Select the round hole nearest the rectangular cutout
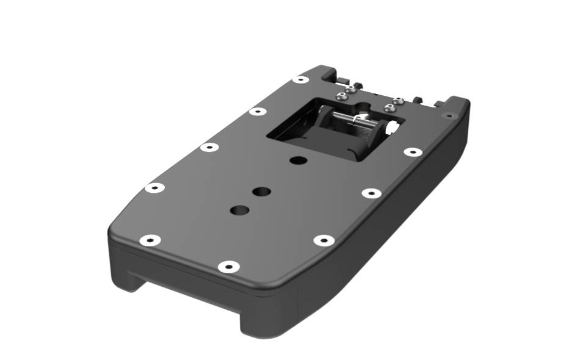pyautogui.click(x=298, y=160)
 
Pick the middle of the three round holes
pyautogui.click(x=261, y=191)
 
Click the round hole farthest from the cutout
pyautogui.click(x=239, y=210)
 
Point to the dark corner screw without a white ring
pyautogui.click(x=449, y=115)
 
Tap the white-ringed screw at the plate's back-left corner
pyautogui.click(x=300, y=79)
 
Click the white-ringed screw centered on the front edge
pyautogui.click(x=228, y=267)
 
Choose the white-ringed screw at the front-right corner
pyautogui.click(x=324, y=240)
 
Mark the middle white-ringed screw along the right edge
pyautogui.click(x=371, y=193)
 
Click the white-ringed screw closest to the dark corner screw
pyautogui.click(x=413, y=151)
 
